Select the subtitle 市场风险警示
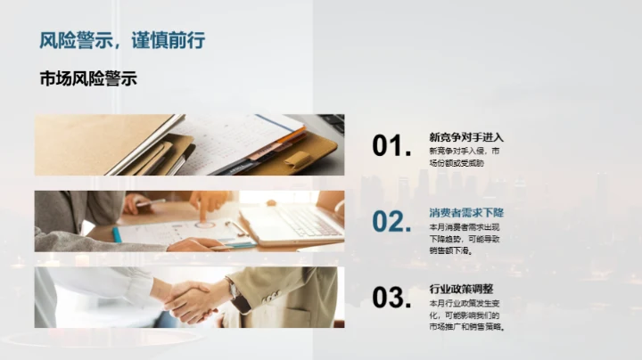point(88,78)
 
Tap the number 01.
point(391,146)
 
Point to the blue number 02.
point(391,222)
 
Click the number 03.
point(391,298)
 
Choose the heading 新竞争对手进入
point(466,137)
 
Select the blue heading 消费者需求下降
point(466,213)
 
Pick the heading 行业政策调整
point(461,289)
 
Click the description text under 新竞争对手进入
point(457,157)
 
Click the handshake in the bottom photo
point(192,300)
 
